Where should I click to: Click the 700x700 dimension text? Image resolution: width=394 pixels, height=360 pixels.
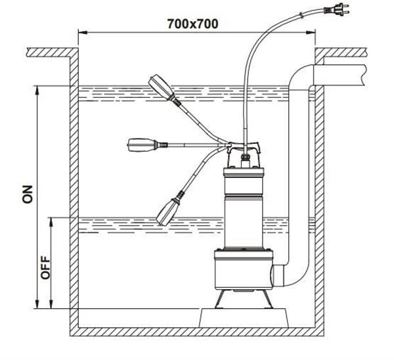192,22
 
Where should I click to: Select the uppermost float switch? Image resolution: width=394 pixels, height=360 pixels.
161,86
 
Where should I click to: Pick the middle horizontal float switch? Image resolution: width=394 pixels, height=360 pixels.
141,143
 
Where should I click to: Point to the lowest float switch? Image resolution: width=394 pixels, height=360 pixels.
168,208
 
